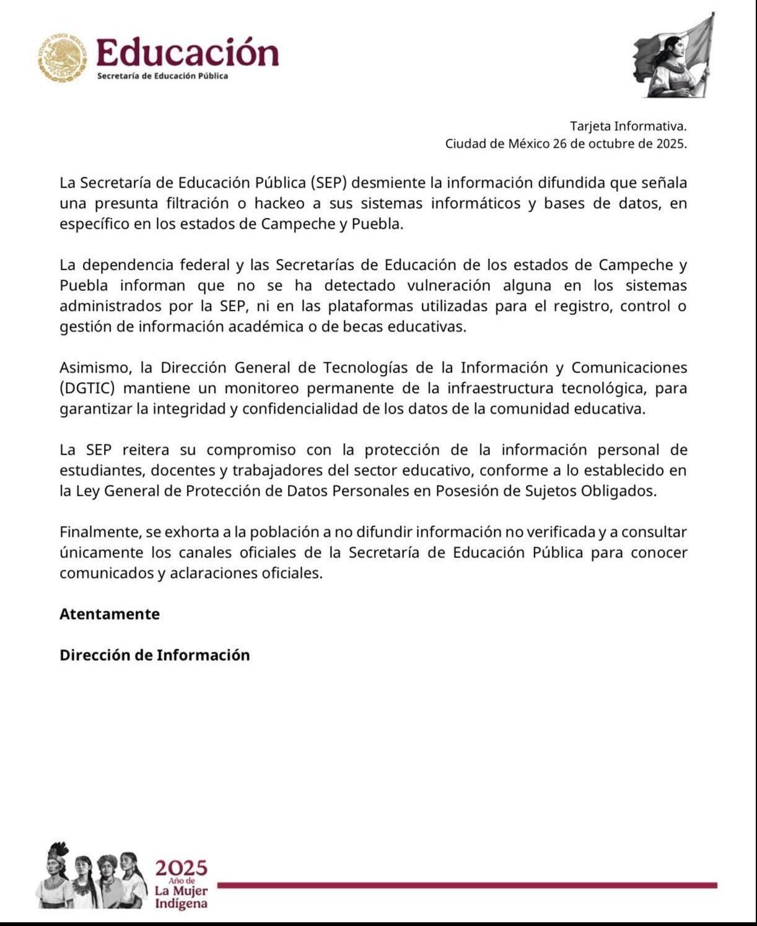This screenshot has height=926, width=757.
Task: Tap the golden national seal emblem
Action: (x=63, y=58)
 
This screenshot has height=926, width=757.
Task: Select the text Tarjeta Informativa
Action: (x=628, y=126)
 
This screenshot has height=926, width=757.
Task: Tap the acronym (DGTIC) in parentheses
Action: (x=91, y=389)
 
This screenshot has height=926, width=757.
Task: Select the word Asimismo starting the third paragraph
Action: (x=95, y=368)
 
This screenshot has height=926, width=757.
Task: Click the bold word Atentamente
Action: (x=110, y=614)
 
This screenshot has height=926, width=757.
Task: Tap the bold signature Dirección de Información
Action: (x=155, y=655)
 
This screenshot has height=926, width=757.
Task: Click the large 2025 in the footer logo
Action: (x=181, y=868)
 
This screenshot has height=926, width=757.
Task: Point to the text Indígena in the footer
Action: (x=181, y=904)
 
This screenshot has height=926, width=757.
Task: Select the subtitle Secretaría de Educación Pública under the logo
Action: (x=162, y=76)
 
